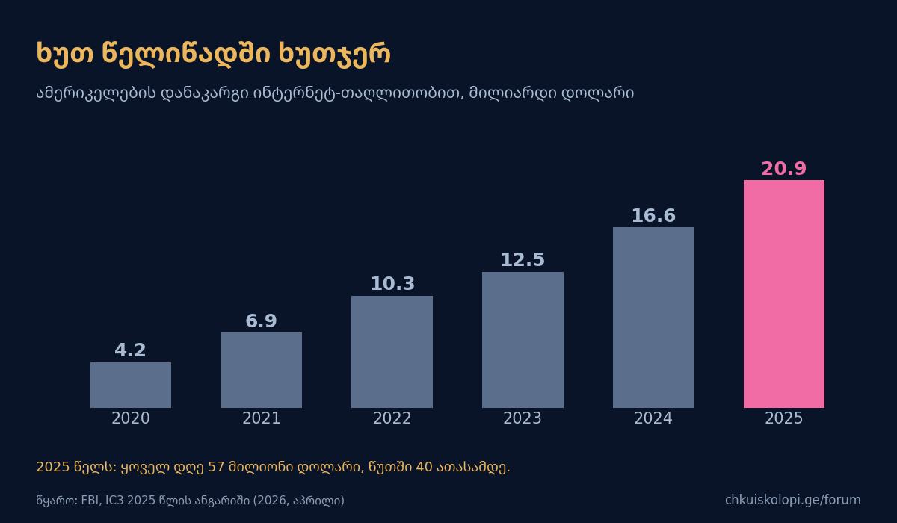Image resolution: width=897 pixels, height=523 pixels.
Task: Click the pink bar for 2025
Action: [783, 294]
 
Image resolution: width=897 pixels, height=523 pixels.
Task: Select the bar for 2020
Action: [131, 385]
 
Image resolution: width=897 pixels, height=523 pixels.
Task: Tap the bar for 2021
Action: [262, 370]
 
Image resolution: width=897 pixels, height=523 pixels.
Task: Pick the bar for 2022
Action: [392, 352]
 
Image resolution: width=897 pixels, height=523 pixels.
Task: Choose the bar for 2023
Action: [523, 340]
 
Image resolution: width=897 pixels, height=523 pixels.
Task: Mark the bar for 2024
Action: [653, 318]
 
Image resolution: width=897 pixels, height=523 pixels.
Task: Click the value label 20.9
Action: [783, 168]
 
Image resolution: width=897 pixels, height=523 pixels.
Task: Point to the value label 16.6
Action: [653, 216]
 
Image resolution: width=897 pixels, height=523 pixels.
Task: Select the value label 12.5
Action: [523, 260]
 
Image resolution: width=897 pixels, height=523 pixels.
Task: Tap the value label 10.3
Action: [392, 284]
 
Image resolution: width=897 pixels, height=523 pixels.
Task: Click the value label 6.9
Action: [261, 321]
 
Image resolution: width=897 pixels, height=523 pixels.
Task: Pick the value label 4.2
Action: [130, 350]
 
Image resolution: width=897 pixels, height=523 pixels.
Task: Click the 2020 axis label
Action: [131, 418]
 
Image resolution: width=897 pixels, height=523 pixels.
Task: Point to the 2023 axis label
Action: [523, 418]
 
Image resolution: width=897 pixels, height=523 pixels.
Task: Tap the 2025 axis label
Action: [783, 418]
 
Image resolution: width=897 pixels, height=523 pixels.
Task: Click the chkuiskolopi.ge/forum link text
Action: [793, 500]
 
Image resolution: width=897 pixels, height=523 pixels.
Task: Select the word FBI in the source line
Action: [90, 501]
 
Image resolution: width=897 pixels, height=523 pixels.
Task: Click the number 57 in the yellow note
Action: [216, 467]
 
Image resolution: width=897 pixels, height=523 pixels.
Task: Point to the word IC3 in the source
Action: [114, 501]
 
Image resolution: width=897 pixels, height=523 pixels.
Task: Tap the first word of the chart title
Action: [65, 53]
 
